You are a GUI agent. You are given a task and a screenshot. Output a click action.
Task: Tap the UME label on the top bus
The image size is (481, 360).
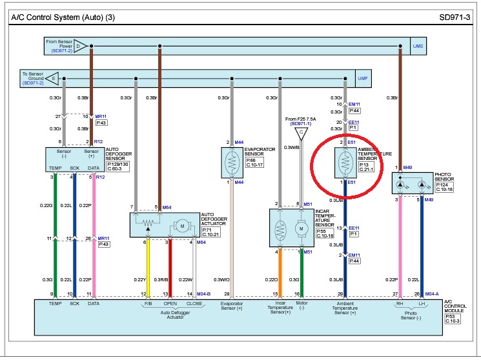pos(418,46)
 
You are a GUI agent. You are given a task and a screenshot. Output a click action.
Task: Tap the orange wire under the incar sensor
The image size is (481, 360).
pos(279,271)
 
